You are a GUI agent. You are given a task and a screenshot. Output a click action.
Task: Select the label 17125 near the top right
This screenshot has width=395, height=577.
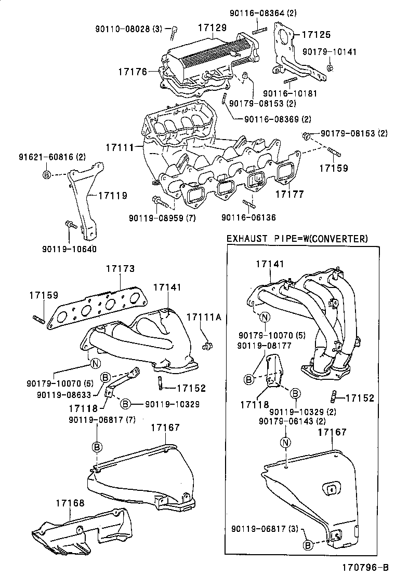tap(316, 35)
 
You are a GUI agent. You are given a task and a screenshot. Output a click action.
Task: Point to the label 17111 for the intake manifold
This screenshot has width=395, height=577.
tap(120, 148)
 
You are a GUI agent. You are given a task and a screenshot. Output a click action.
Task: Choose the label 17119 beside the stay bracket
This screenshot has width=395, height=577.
tap(113, 196)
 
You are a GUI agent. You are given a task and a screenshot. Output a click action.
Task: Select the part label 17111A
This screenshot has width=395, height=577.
tap(204, 317)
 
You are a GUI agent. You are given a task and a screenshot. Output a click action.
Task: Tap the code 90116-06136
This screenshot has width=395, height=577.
tap(248, 217)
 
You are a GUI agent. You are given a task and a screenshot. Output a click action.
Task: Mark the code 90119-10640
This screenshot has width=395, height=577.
tap(70, 249)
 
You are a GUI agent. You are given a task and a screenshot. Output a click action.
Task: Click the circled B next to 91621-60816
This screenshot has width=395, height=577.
tap(47, 174)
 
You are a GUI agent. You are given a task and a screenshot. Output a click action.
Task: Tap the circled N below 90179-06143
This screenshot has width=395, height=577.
tap(285, 442)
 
